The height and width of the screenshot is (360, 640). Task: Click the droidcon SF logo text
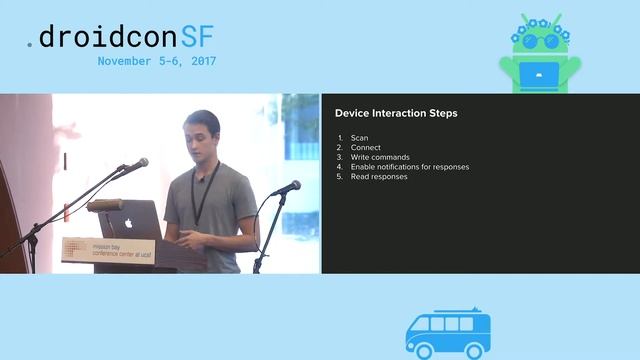(x=120, y=37)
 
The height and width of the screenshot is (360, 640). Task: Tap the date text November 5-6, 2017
(x=157, y=61)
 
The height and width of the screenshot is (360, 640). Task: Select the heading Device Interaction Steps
(x=396, y=113)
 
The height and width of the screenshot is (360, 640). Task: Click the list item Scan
(x=359, y=137)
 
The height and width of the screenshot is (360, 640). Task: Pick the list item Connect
(x=364, y=147)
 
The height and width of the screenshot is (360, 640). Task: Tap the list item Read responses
(x=379, y=177)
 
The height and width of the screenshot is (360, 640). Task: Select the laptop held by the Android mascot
(x=537, y=74)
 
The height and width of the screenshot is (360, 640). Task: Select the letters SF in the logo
(x=196, y=37)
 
